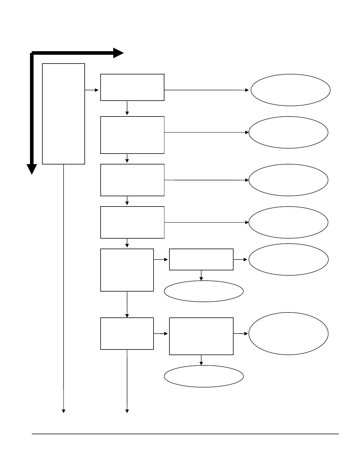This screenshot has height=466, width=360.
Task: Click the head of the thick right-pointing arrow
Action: click(119, 53)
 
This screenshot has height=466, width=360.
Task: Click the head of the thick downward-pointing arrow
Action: click(32, 169)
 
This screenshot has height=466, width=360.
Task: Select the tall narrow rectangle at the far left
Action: click(64, 114)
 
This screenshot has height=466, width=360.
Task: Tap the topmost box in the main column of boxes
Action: click(132, 87)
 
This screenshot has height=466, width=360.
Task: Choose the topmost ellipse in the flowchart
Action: click(291, 90)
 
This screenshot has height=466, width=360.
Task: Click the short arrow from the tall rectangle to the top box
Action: click(92, 90)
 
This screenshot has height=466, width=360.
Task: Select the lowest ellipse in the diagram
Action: click(204, 376)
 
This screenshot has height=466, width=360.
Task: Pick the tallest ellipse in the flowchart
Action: click(289, 334)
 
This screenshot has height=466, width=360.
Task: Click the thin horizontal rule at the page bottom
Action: click(185, 434)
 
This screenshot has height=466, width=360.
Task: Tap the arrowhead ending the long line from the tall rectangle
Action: click(64, 411)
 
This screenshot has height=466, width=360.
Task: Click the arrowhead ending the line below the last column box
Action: click(127, 411)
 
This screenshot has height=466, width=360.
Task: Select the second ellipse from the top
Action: click(289, 132)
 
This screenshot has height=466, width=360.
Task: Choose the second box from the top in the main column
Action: click(132, 135)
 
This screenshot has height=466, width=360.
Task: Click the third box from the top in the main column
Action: click(132, 180)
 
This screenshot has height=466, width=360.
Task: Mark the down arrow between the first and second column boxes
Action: click(127, 108)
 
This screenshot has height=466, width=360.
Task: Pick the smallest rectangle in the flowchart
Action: click(201, 259)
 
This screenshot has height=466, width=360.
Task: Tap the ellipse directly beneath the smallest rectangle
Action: click(204, 291)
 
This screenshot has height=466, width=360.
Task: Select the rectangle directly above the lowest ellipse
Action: click(201, 336)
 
